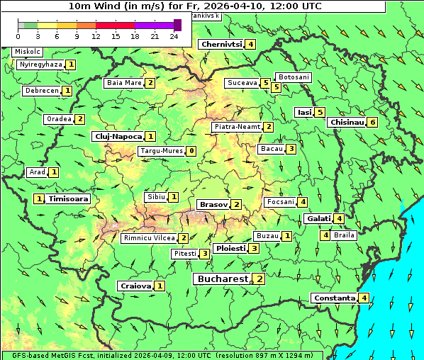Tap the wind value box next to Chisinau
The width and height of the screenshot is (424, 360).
point(373,122)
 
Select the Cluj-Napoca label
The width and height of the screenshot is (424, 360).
point(117,136)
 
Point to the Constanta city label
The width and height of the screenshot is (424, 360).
point(334,298)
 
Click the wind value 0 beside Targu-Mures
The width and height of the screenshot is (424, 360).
point(191,151)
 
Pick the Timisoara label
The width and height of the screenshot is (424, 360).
point(69,199)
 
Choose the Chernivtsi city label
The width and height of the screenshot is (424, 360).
point(222,44)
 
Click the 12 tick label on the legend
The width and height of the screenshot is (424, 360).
point(96,35)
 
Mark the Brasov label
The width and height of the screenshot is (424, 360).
point(213,205)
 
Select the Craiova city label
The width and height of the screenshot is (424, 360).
point(135,286)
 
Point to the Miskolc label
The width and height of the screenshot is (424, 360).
point(28,52)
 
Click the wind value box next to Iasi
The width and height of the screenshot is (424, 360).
point(320,112)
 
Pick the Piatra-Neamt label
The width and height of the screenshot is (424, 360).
point(237,127)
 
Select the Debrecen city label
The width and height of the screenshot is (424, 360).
point(40,91)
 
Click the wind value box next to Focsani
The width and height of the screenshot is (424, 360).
point(302,202)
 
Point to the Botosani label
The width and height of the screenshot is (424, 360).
point(294,77)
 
